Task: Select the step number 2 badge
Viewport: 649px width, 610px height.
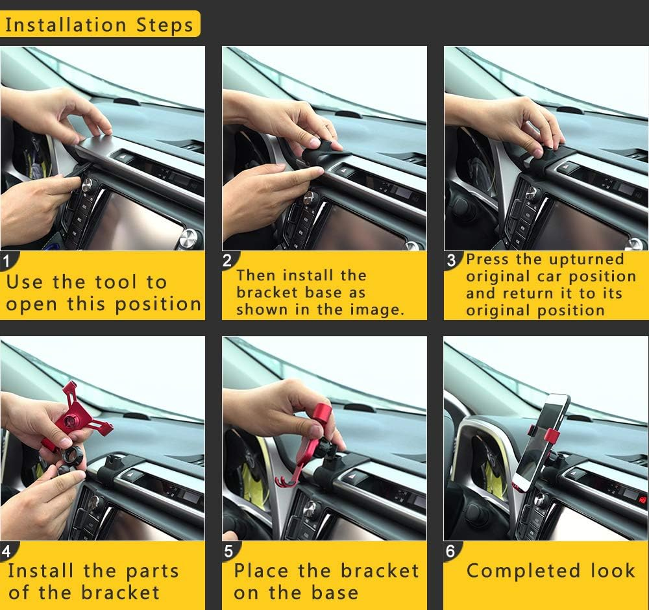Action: pos(228,262)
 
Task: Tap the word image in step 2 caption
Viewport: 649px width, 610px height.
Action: pos(378,310)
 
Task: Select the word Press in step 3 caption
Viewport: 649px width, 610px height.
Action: pos(488,260)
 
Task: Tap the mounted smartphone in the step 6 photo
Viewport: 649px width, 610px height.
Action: pos(542,441)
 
